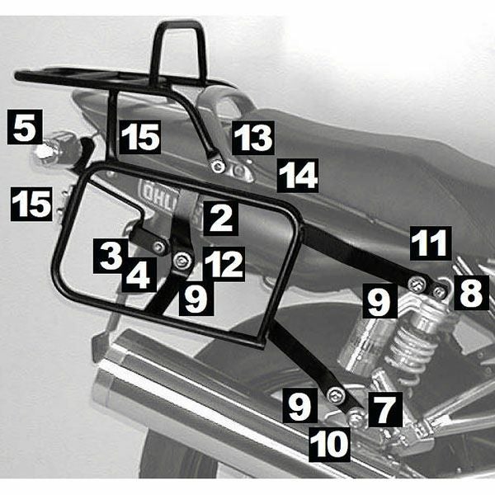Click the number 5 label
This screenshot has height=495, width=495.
point(24,128)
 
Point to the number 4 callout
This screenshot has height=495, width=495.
point(139,276)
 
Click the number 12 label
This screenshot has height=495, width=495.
point(222,265)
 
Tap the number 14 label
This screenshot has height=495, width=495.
point(297,176)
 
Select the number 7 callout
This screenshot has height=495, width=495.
point(387,407)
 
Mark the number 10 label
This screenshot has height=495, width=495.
point(330,445)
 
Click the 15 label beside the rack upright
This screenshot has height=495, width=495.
point(139,137)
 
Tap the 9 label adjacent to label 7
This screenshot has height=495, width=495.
point(302,406)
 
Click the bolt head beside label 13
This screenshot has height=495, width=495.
point(218,167)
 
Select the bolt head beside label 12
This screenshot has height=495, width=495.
point(183,262)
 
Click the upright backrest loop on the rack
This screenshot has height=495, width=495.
point(177,49)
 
